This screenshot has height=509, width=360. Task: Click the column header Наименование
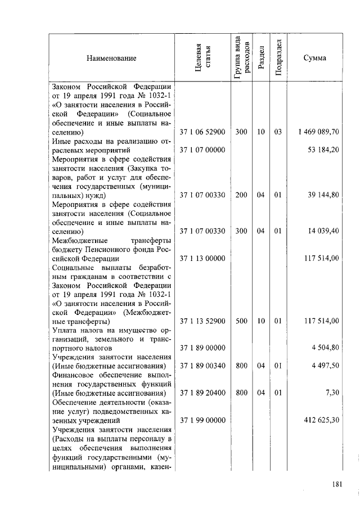point(111,58)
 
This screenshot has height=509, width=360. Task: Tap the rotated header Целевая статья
point(202,58)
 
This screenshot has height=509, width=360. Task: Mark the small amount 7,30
point(332,393)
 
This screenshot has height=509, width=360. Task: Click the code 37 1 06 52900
point(202,132)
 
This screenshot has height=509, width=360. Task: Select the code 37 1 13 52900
point(202,321)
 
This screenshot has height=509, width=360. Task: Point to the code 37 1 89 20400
point(202,393)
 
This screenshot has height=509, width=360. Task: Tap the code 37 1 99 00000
point(202,420)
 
